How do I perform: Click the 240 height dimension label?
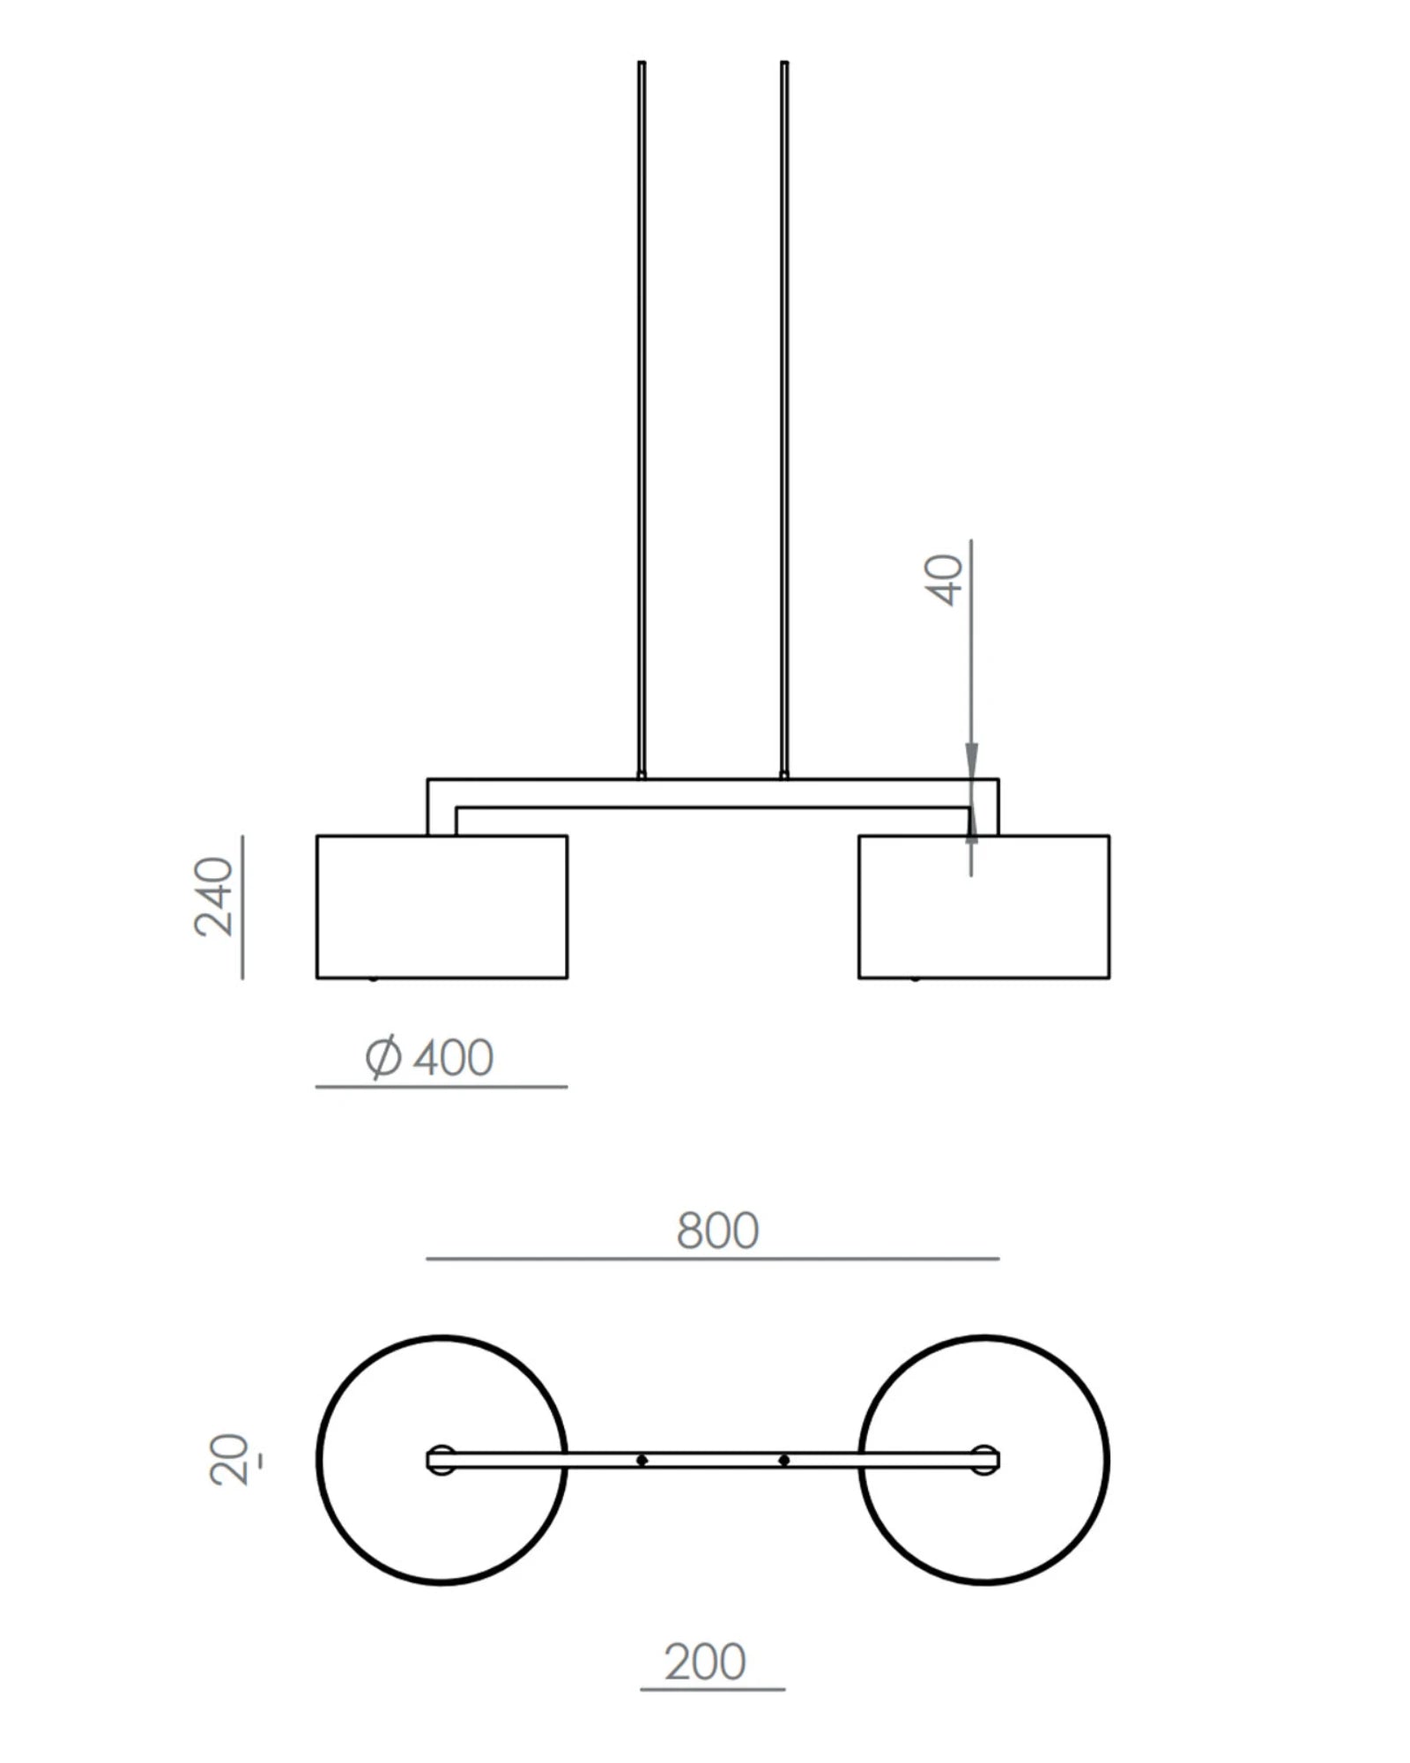pos(214,896)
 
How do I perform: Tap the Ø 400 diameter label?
pos(429,1057)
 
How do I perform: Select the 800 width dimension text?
pos(717,1231)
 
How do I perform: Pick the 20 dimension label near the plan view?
pos(229,1460)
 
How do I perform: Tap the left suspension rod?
pos(642,420)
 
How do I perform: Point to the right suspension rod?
pos(784,420)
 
